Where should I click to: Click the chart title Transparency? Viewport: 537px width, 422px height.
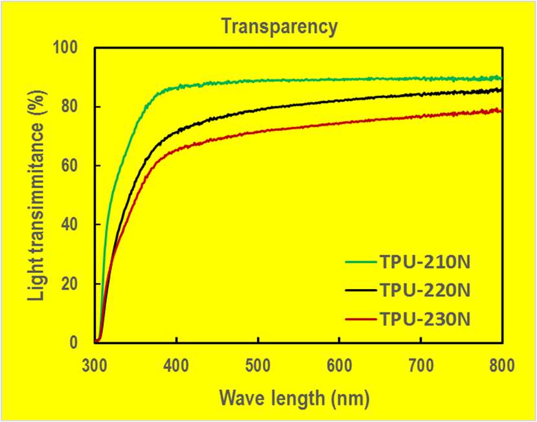coord(279,27)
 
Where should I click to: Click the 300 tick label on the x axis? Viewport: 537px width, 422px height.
coord(95,366)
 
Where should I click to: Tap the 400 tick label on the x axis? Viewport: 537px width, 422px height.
coord(177,366)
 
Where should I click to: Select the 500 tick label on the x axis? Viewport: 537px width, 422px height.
coord(258,366)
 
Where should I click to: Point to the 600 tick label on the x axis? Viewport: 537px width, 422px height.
coord(340,366)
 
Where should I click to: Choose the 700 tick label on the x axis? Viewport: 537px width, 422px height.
coord(421,366)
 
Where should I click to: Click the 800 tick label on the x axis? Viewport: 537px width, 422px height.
coord(503,366)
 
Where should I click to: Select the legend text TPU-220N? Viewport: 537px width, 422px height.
coord(424,290)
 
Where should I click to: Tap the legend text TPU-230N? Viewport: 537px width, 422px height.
coord(424,319)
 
